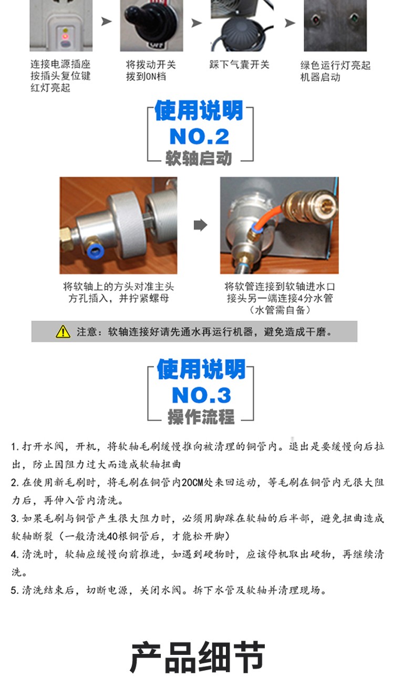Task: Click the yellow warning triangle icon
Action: (63, 331)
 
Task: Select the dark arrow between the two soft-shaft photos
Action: (201, 225)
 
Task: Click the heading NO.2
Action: (199, 137)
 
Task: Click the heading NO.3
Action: (201, 395)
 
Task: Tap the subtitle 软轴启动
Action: (199, 158)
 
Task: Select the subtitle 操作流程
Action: (201, 417)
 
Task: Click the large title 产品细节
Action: (198, 657)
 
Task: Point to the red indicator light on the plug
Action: (65, 37)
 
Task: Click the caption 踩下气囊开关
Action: (239, 65)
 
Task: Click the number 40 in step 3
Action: (112, 536)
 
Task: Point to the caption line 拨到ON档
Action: (146, 77)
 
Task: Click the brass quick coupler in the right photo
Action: (308, 205)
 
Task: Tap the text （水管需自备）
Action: (280, 310)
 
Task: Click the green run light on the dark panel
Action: (354, 18)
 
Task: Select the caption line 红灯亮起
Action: (50, 88)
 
